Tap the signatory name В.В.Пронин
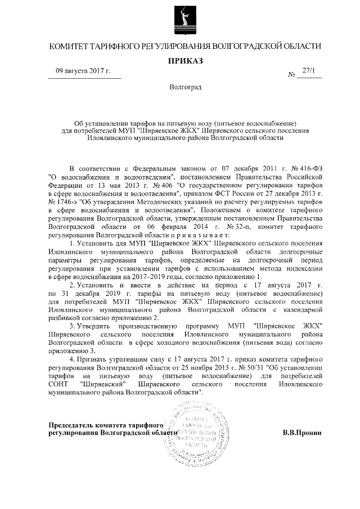pos(302,433)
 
